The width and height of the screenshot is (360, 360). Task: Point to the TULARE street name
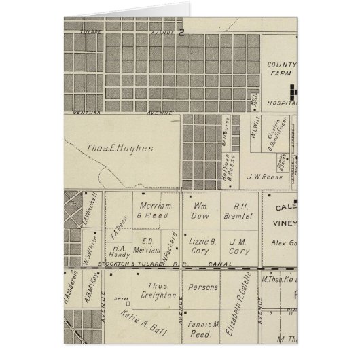[92, 31]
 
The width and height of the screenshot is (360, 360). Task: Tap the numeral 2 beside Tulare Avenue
[181, 31]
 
